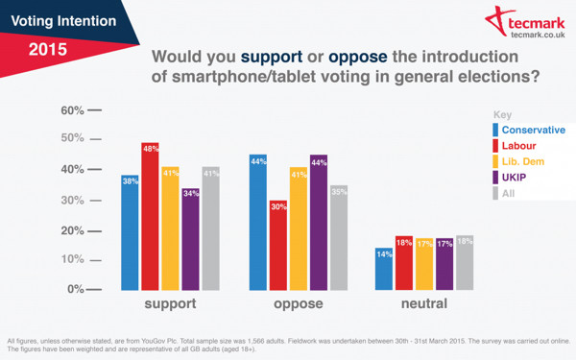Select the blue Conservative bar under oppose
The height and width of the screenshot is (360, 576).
[257, 222]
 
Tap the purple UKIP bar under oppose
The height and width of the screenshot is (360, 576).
[319, 222]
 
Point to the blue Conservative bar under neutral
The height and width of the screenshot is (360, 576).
[383, 268]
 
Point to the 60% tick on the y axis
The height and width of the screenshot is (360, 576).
[75, 110]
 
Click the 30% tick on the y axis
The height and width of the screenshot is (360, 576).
[75, 200]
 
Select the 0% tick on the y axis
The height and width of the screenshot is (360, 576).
[75, 289]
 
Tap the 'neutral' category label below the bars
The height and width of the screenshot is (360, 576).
[424, 304]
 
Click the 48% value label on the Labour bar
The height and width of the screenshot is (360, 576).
[151, 149]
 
